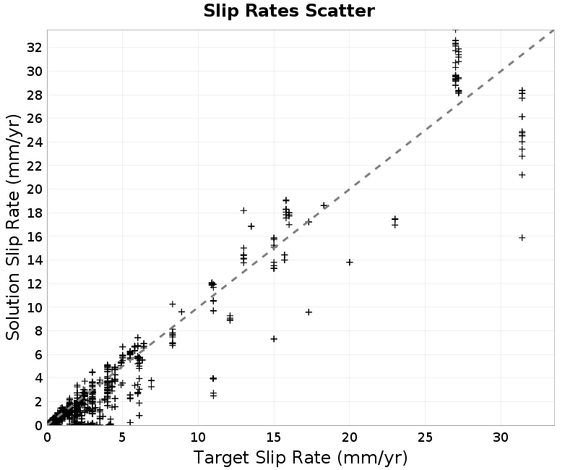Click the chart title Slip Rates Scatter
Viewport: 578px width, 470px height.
289,11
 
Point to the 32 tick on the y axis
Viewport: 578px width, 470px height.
34,48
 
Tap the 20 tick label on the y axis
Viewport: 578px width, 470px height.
34,189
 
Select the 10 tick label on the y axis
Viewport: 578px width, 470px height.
34,307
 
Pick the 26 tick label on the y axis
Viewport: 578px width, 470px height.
34,119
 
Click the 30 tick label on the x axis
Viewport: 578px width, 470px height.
501,437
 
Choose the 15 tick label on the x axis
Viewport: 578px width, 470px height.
274,437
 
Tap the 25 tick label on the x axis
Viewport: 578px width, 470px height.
425,437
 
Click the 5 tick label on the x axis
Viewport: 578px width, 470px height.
122,437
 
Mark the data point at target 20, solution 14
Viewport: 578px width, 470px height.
350,262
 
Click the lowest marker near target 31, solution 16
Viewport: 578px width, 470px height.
522,238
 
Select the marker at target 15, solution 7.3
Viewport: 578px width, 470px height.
274,339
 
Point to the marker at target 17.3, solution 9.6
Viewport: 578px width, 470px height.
309,312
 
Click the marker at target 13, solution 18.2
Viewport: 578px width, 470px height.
243,210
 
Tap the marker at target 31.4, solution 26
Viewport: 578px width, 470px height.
522,117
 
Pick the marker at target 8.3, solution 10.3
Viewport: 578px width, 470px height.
173,304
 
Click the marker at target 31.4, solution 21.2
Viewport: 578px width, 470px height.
522,175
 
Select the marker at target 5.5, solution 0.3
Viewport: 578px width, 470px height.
130,422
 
